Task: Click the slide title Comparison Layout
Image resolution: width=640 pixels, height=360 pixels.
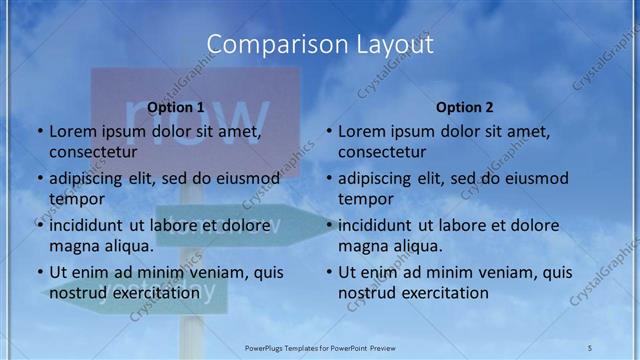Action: pos(319,45)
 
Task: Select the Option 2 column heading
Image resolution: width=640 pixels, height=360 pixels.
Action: pos(465,107)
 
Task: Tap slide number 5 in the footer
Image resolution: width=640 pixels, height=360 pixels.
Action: pos(590,346)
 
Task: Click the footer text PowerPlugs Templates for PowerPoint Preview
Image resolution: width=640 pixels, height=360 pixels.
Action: pos(320,346)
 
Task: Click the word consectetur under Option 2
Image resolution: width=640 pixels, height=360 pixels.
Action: pos(382,152)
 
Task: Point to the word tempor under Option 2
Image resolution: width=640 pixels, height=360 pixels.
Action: pos(365,198)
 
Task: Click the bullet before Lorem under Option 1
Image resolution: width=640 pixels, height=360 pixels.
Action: pos(39,132)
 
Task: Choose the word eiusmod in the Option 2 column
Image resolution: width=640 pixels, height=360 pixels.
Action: pos(537,179)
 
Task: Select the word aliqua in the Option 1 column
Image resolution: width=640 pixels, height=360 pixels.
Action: pos(128,245)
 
